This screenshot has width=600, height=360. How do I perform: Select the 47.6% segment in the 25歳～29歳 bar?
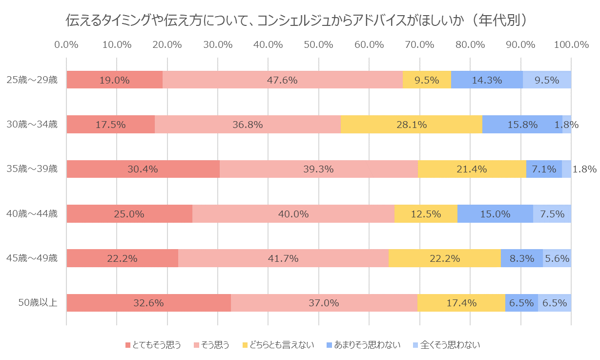coord(283,80)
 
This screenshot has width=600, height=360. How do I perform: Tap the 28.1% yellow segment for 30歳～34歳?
coord(412,125)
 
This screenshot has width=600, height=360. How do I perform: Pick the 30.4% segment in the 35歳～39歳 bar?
coord(143,169)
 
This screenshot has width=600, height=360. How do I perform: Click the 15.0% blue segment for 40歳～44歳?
coord(495,214)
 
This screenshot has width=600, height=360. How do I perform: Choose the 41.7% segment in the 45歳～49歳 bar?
coord(283,258)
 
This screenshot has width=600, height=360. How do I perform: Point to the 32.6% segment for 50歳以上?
coord(148,303)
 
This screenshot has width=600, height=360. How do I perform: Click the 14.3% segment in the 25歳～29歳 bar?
coord(487,80)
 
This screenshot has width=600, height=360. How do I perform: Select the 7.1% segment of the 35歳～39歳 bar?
coord(544,169)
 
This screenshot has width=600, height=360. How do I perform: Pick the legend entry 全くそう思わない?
coord(450,345)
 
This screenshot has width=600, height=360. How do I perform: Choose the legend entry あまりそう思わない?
coord(368,345)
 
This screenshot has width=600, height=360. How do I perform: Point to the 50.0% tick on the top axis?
coord(318,44)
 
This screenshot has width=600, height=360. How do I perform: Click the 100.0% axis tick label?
coord(571,44)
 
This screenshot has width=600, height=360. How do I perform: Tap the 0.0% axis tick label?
coord(66,44)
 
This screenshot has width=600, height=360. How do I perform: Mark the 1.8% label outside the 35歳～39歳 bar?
coord(584,169)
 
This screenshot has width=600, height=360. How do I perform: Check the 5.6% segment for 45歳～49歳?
coord(557,258)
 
